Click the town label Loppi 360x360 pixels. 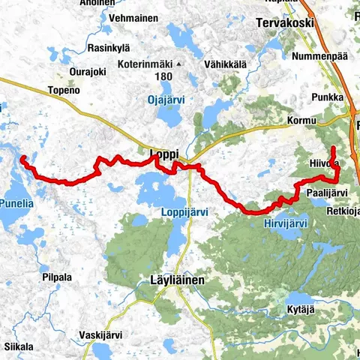click(163, 154)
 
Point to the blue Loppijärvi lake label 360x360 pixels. click(184, 212)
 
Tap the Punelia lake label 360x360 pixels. click(16, 202)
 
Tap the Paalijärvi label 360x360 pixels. click(326, 193)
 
